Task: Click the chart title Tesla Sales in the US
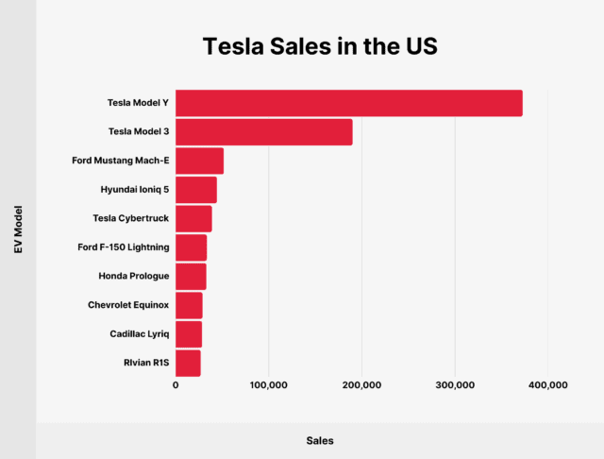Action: click(x=302, y=45)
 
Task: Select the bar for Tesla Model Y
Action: click(x=348, y=104)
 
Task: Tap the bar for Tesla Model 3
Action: click(x=263, y=132)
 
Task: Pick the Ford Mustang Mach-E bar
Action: click(x=199, y=161)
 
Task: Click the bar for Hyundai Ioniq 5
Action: click(x=196, y=190)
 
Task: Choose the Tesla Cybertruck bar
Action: click(x=193, y=219)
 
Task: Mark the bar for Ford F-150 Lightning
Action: click(x=191, y=247)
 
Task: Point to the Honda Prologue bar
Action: click(x=191, y=277)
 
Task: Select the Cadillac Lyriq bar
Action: click(x=189, y=334)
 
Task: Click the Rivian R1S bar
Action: click(x=188, y=363)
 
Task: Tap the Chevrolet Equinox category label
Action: click(x=127, y=305)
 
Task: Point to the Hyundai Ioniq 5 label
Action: click(x=135, y=190)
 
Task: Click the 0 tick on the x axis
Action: click(x=176, y=385)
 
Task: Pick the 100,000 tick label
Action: click(x=268, y=385)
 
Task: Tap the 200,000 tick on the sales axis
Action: click(x=361, y=385)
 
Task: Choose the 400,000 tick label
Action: click(x=547, y=385)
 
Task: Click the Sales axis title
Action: click(x=320, y=440)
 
